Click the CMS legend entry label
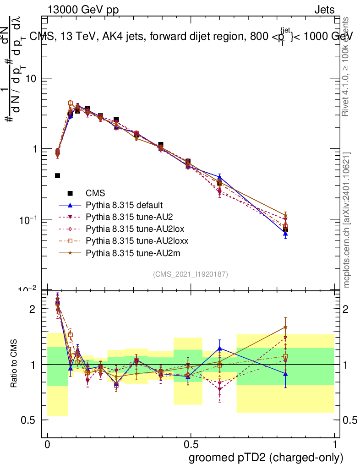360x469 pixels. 95,193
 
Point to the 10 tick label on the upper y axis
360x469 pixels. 30,78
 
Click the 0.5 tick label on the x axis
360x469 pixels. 191,445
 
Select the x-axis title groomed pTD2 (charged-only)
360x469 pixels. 266,458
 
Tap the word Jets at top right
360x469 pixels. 324,10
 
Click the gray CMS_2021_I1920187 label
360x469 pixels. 191,274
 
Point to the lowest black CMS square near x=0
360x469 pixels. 57,176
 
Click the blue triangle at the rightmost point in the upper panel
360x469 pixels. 285,234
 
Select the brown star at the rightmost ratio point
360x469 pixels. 285,327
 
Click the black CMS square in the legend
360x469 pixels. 70,193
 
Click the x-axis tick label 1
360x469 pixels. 334,445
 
